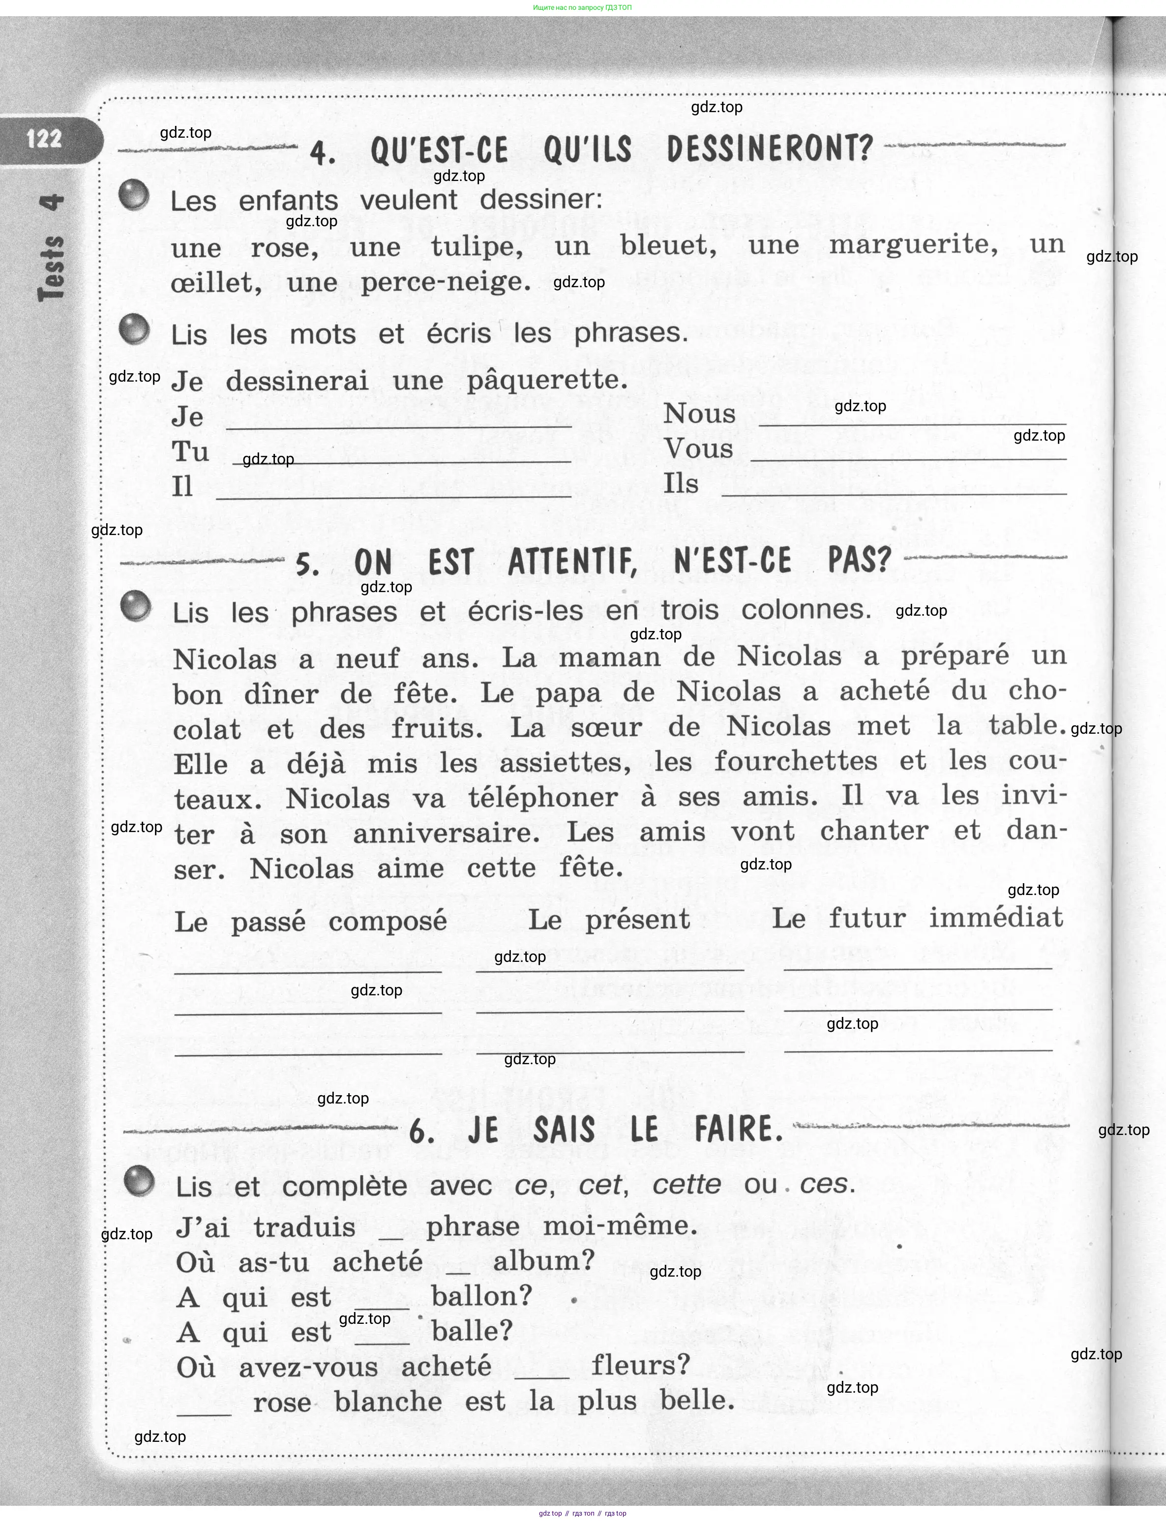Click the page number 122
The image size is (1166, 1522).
44,139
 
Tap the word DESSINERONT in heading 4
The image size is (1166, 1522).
769,149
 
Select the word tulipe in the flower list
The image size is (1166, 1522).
477,246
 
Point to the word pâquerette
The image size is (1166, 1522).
547,380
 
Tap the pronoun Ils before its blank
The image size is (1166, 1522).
680,484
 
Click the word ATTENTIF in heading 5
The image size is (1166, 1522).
572,562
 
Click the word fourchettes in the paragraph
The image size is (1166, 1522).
795,761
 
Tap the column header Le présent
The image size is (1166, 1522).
609,920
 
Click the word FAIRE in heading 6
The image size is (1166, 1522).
739,1129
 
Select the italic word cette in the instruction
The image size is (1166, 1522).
687,1184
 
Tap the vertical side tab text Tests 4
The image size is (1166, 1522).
52,248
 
